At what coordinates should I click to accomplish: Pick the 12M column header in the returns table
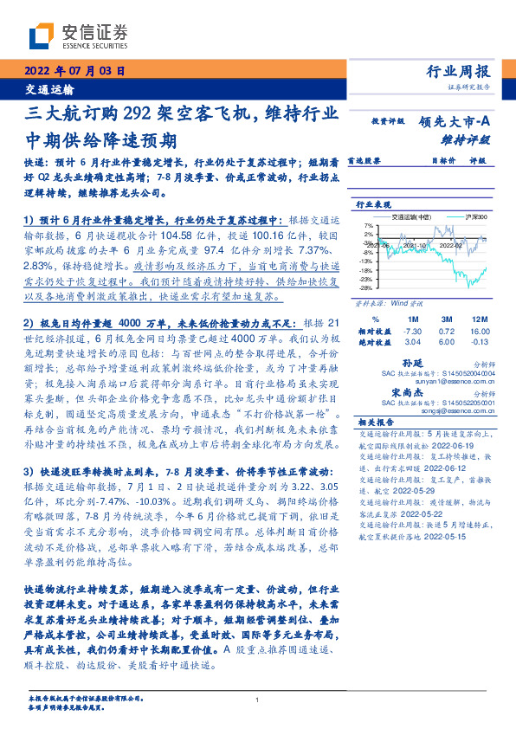point(477,319)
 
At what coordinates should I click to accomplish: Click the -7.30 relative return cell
point(412,331)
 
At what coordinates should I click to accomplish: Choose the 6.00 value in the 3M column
point(444,342)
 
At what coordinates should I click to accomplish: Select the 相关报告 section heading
point(377,423)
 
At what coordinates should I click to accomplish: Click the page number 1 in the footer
point(258,700)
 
